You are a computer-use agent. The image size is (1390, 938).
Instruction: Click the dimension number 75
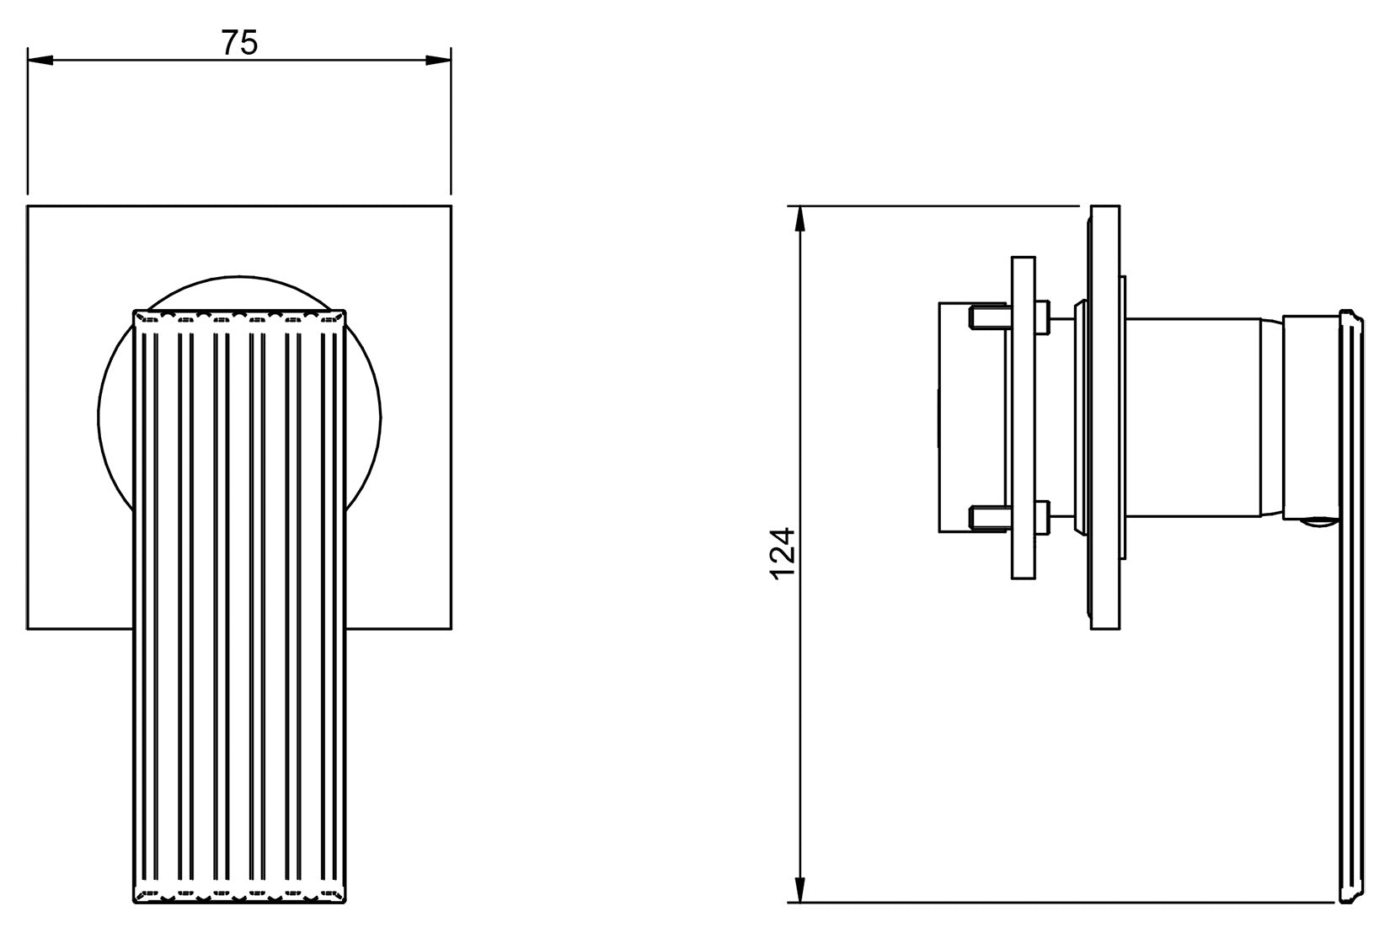click(239, 42)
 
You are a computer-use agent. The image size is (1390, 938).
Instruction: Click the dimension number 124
click(783, 553)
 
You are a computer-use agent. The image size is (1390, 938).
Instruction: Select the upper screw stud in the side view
click(991, 317)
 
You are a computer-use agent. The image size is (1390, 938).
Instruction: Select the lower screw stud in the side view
click(991, 516)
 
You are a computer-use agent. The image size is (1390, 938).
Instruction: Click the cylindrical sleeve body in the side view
click(1192, 417)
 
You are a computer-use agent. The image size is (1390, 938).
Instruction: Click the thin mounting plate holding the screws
click(1022, 417)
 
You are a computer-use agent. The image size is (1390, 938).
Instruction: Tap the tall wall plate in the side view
click(1104, 417)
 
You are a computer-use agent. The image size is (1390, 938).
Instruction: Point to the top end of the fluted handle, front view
click(240, 317)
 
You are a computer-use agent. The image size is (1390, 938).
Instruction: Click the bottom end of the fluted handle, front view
click(240, 898)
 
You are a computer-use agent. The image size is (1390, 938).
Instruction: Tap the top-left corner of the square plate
click(29, 206)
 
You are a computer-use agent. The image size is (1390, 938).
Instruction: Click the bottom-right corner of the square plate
click(451, 628)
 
